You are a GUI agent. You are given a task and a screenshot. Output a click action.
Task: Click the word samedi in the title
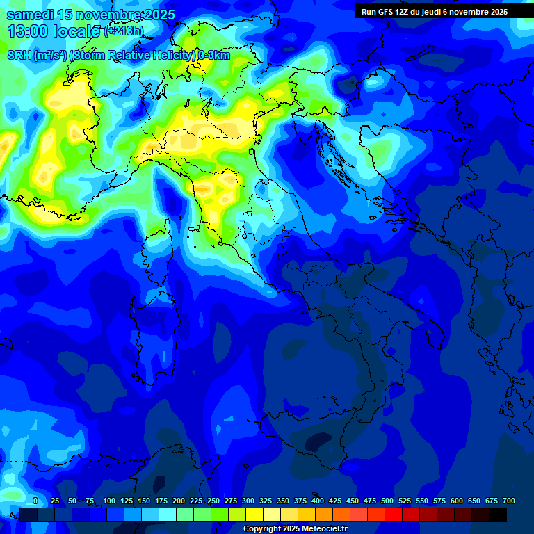tap(32, 15)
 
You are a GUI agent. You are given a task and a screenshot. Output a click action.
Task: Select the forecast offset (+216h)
tap(124, 31)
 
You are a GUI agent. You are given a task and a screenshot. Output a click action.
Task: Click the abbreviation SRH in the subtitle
tap(21, 56)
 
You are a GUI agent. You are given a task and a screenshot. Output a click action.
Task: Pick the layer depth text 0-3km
tap(214, 56)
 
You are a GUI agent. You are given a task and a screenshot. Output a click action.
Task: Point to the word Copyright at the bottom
tap(264, 529)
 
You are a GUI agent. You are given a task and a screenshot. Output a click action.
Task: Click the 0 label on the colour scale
tap(35, 501)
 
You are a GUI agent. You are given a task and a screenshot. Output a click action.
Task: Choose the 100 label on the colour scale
tap(109, 501)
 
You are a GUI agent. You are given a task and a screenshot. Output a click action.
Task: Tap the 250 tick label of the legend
tap(213, 501)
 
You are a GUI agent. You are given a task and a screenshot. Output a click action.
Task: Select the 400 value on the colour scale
tap(318, 501)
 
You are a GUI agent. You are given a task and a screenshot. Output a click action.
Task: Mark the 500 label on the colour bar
tap(387, 501)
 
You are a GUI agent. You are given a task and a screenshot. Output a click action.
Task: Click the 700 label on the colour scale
tap(509, 501)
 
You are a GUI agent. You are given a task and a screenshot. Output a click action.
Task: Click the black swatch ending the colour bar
tap(498, 515)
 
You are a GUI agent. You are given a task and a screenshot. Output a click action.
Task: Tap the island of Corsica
tap(159, 247)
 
